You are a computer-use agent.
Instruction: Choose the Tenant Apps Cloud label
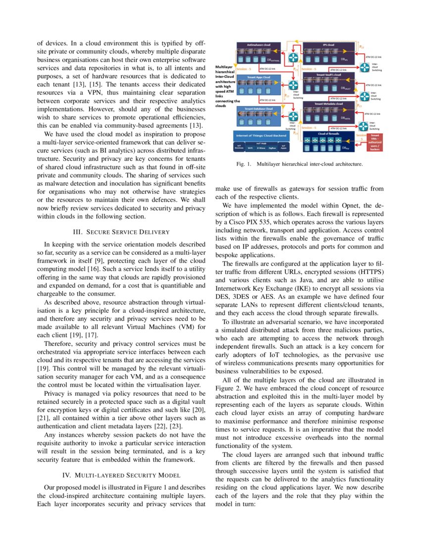[259, 77]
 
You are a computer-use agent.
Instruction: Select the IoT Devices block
[239, 147]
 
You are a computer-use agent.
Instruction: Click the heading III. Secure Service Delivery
[121, 232]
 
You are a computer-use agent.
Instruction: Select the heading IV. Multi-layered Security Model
[121, 475]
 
